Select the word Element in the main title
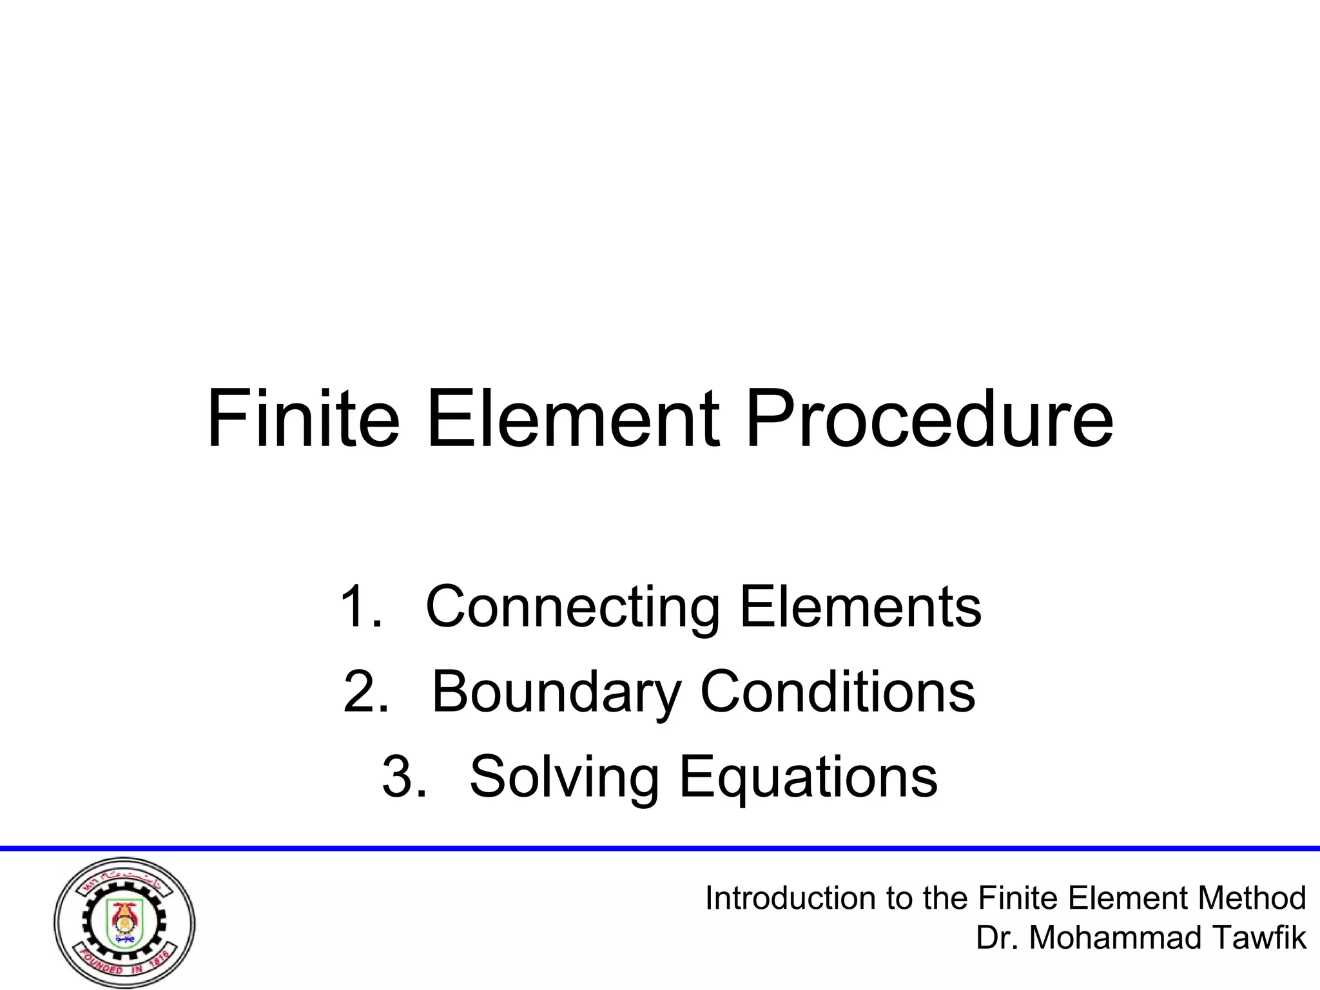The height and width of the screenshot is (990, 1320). (573, 419)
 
